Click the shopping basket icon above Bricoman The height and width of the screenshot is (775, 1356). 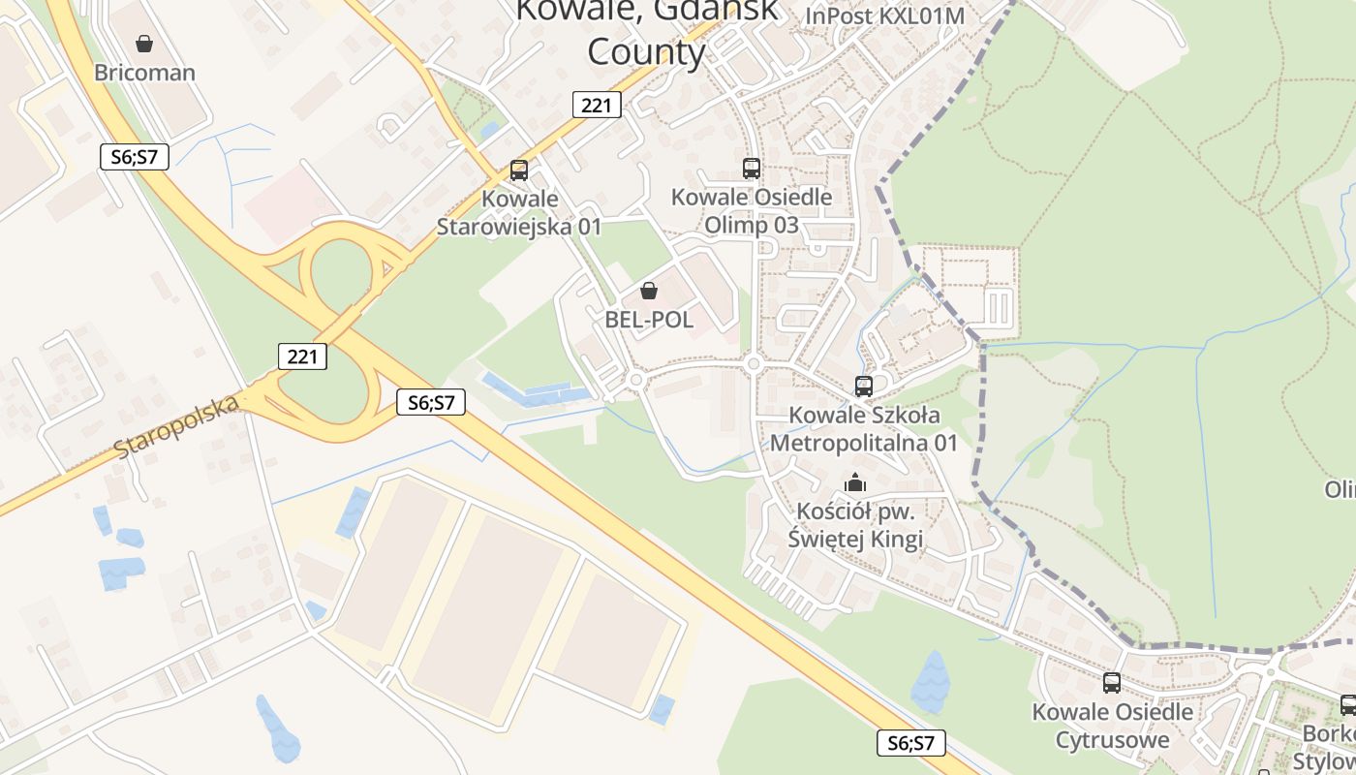pos(144,44)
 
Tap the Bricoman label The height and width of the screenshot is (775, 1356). pos(144,73)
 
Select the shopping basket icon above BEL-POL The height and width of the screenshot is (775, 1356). pos(649,291)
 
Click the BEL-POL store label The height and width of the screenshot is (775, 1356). pos(649,320)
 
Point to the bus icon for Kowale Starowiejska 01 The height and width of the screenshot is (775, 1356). pos(519,170)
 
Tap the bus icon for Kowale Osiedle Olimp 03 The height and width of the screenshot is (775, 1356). pos(752,168)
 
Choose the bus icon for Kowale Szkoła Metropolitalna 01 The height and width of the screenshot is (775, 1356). pos(863,386)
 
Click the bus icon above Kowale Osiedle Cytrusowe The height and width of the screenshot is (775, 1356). pos(1112,682)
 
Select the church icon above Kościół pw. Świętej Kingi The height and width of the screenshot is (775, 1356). pos(855,481)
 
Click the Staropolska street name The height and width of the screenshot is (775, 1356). pos(176,426)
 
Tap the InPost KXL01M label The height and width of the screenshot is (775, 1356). pos(885,16)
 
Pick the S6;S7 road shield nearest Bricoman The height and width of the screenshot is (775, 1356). pos(135,156)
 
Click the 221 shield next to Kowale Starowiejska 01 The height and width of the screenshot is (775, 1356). pos(596,104)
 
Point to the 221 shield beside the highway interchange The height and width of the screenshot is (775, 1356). pos(302,356)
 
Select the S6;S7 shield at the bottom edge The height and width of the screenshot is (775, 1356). pos(910,743)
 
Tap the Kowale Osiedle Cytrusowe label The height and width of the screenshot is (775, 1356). pos(1112,727)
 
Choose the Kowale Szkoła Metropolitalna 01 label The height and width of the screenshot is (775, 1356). pos(863,429)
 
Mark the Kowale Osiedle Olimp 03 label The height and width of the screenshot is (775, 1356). pos(752,211)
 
